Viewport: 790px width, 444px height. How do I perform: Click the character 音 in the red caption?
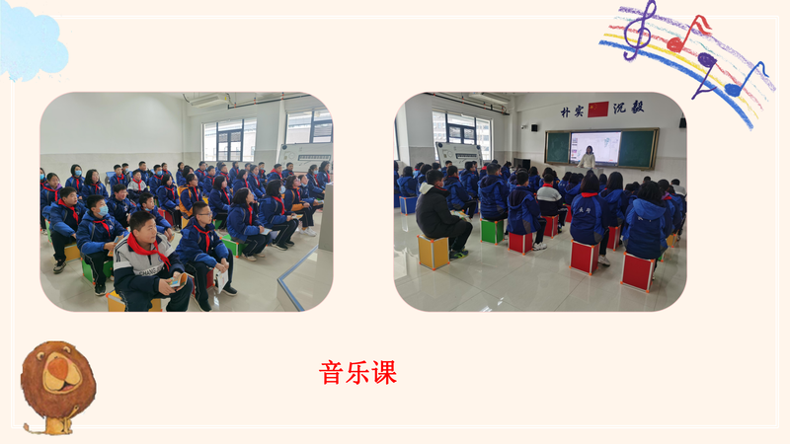coord(331,373)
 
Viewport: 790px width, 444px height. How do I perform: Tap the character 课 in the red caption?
coord(384,373)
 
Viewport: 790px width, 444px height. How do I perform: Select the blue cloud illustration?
coord(32,42)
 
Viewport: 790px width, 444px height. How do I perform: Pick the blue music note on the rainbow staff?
coord(747,81)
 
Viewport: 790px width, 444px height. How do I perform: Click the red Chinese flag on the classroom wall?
coord(598,110)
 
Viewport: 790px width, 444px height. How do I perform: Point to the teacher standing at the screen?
coord(587,157)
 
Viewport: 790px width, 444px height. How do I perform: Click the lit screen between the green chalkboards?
coord(595,147)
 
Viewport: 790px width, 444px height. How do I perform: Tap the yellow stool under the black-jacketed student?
coord(434,253)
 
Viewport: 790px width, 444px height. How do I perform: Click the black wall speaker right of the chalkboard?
coord(682,121)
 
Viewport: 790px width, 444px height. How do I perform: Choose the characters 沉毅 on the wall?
coord(629,108)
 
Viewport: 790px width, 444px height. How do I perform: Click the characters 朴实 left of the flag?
coord(572,111)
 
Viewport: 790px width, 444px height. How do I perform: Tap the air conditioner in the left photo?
coord(208,101)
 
